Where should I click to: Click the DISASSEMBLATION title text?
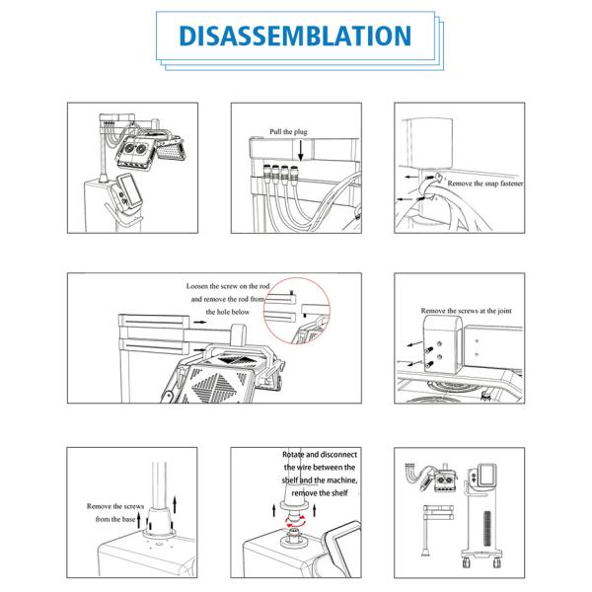[x=295, y=36]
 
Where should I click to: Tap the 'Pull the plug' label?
[x=288, y=132]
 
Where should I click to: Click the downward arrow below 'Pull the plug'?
[x=301, y=151]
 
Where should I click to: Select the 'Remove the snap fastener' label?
[x=485, y=184]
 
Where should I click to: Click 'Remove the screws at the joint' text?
[x=467, y=311]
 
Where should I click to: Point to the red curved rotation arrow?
[x=295, y=523]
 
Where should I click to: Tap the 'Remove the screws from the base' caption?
[x=115, y=513]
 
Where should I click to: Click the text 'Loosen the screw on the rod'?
[x=228, y=286]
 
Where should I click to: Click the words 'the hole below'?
[x=228, y=312]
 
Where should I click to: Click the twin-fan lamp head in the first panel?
[x=135, y=150]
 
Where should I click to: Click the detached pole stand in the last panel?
[x=437, y=530]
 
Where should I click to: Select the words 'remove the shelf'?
[x=320, y=493]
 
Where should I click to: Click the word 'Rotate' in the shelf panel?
[x=293, y=455]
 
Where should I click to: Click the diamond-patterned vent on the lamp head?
[x=214, y=385]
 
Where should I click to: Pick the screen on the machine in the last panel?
[x=487, y=475]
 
